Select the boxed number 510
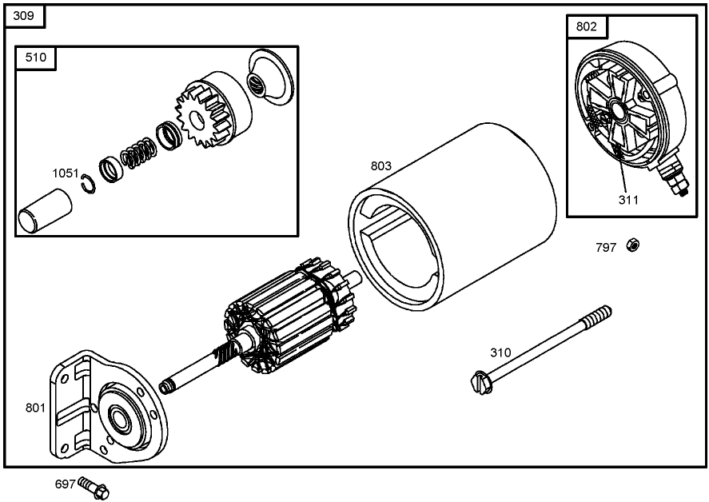36,57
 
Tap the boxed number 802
586,26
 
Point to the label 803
381,166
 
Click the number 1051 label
66,173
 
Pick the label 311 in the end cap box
628,200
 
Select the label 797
606,248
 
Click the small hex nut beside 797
631,245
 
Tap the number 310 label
500,353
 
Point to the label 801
35,408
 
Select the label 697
65,484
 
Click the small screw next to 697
94,486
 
